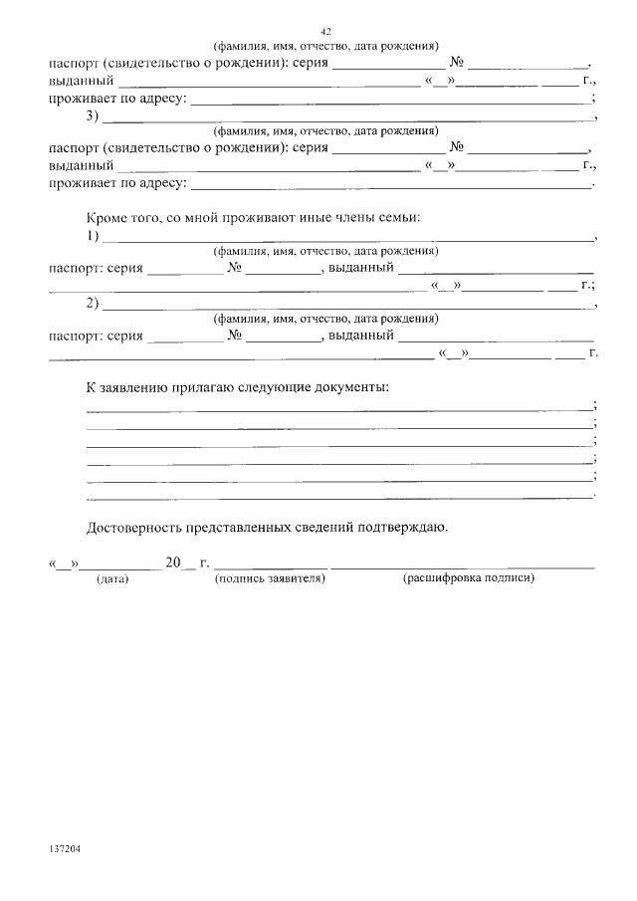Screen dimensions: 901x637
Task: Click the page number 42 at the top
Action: pos(326,32)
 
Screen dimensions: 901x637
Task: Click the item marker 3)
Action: pos(94,116)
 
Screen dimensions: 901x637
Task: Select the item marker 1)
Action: pos(94,236)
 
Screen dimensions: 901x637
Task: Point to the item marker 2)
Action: pos(94,304)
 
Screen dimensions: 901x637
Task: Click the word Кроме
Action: pos(107,216)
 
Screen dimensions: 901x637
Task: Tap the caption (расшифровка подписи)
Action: pos(469,578)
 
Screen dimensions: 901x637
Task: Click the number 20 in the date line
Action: pos(173,563)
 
